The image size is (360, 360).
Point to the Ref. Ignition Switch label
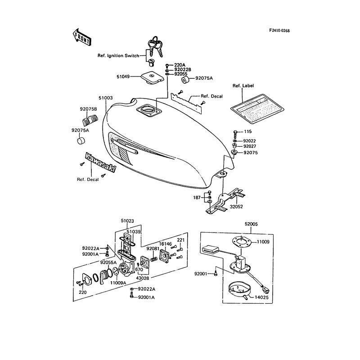(118, 56)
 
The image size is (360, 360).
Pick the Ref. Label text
(243, 85)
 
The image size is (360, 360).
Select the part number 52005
(252, 224)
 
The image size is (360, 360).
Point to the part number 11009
(263, 242)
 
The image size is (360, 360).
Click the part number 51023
(128, 221)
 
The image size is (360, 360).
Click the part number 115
(247, 131)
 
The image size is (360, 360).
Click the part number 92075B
(89, 109)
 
